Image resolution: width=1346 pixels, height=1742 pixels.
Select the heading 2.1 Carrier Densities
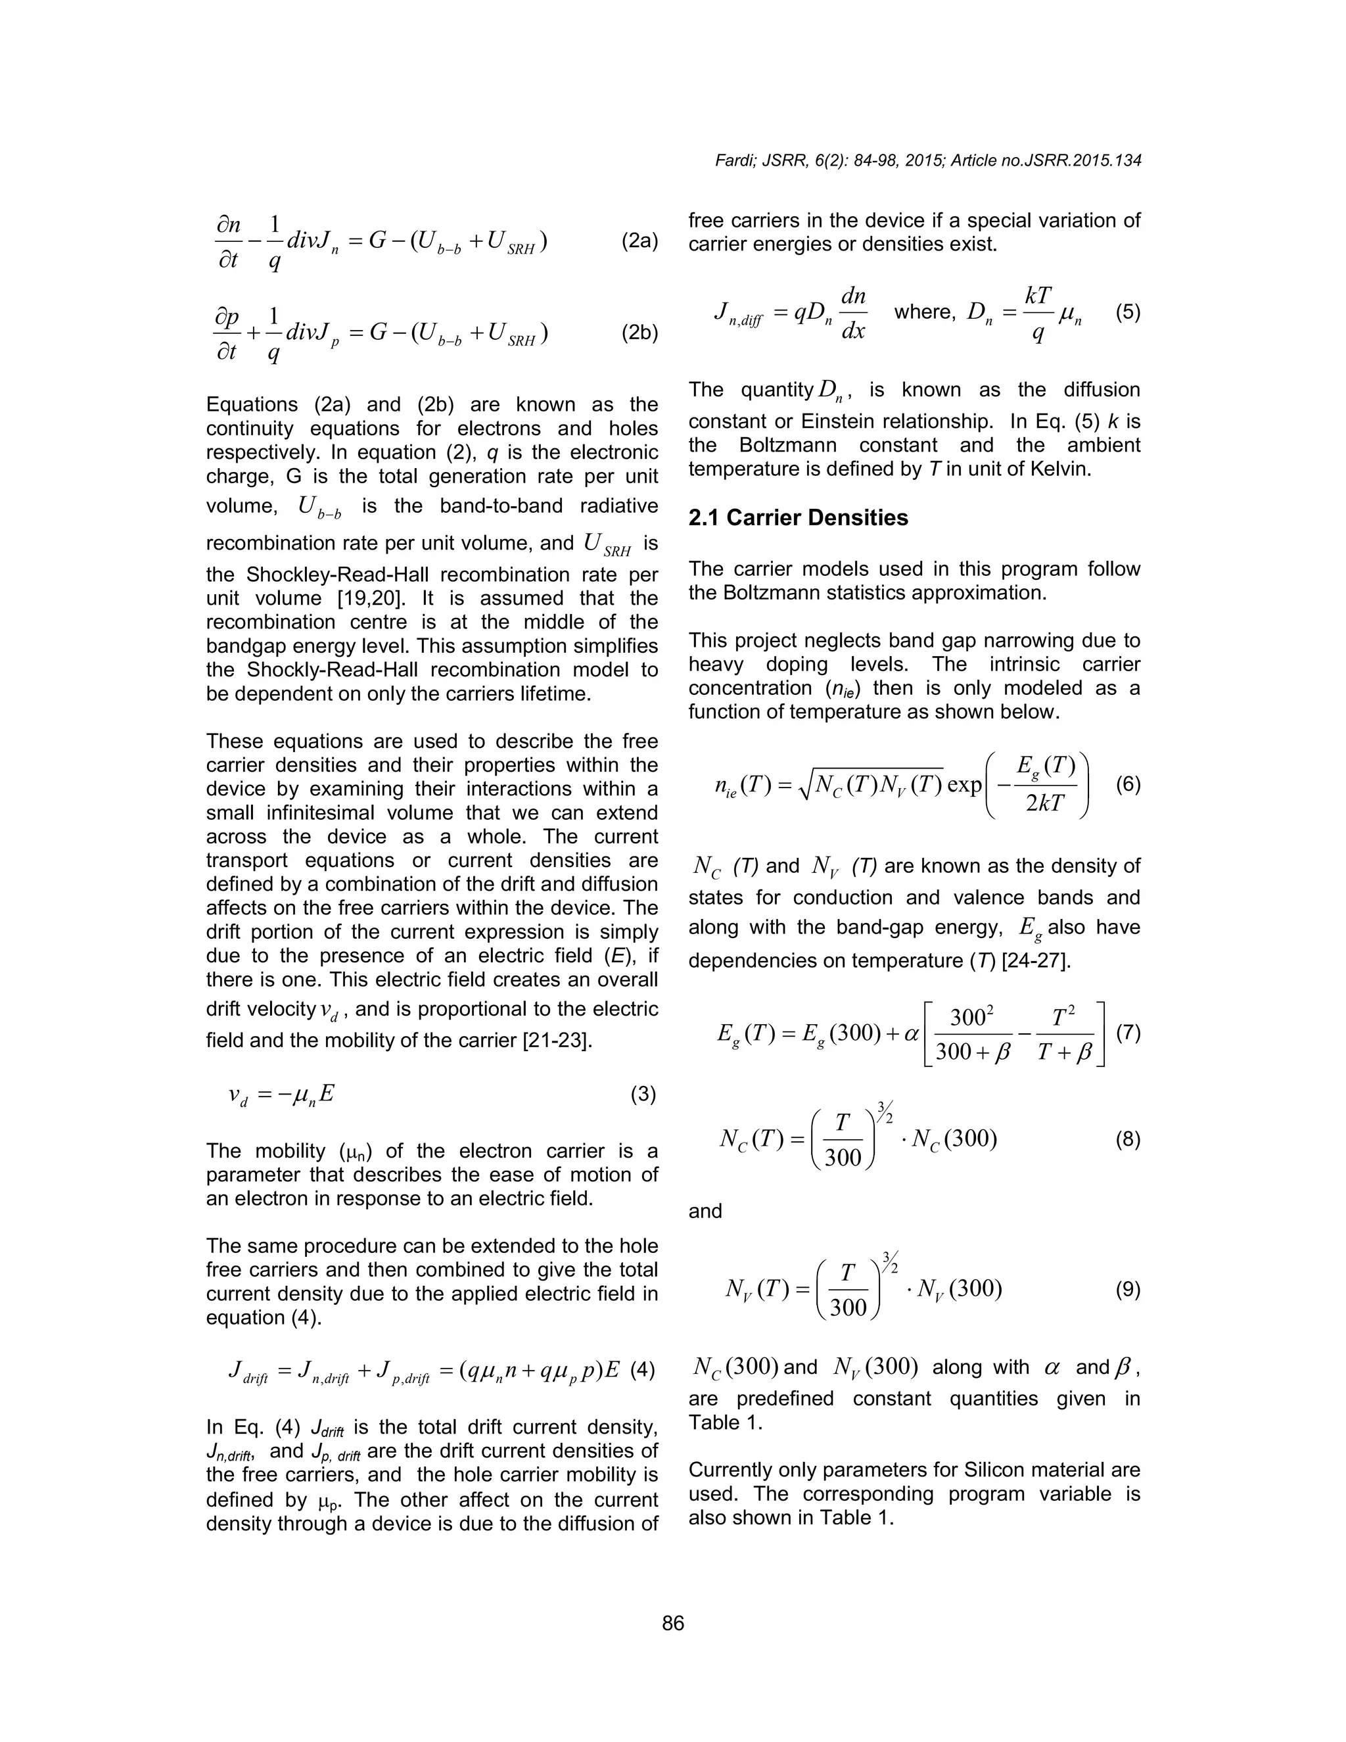[797, 517]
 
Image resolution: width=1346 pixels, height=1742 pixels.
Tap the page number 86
[673, 1624]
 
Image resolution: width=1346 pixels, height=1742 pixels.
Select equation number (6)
[1128, 784]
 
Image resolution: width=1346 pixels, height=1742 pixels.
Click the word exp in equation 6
[964, 785]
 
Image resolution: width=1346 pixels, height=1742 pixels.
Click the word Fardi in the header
[733, 160]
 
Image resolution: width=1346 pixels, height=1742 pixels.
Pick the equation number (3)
[643, 1095]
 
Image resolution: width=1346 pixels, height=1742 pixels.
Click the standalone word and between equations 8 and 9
[705, 1211]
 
